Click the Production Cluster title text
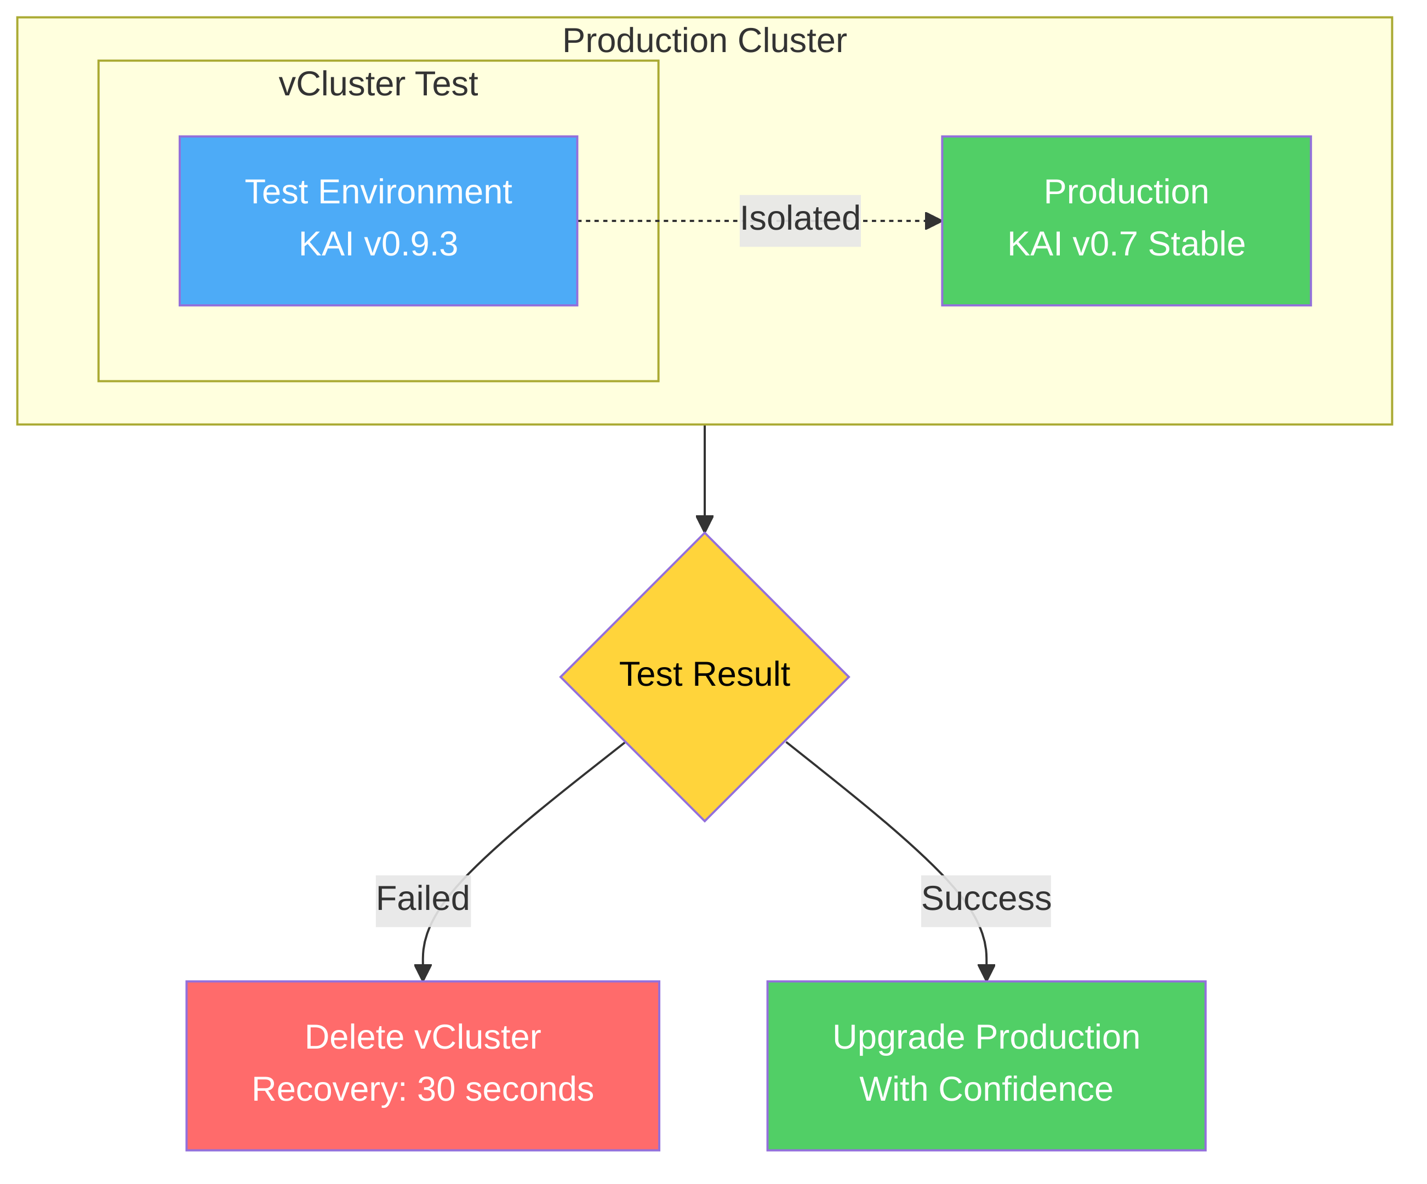(x=704, y=41)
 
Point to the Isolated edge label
(x=799, y=219)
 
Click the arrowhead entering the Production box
(x=933, y=221)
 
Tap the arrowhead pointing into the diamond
(x=704, y=524)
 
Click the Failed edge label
(x=423, y=899)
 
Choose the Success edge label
(x=985, y=899)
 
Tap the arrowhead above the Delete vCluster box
(x=423, y=972)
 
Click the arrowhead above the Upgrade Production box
(x=985, y=972)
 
